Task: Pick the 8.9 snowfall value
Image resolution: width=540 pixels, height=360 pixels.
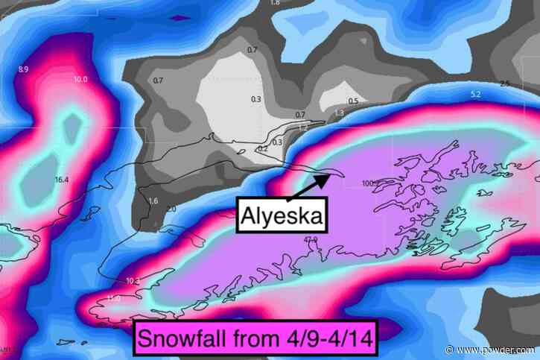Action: point(23,69)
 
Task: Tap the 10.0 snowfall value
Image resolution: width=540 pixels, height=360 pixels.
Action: point(80,79)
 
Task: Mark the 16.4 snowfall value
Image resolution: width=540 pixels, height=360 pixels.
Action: point(61,180)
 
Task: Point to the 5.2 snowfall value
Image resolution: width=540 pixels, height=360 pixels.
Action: point(476,94)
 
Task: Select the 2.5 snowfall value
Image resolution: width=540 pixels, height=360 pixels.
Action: point(505,83)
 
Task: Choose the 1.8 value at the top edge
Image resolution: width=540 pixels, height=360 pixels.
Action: point(275,3)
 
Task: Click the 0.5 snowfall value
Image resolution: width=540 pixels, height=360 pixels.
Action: point(353,101)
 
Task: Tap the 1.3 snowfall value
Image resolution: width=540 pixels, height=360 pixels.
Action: point(340,113)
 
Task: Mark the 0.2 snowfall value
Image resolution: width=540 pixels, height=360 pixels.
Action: point(262,149)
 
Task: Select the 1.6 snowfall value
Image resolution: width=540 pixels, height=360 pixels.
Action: point(153,201)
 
